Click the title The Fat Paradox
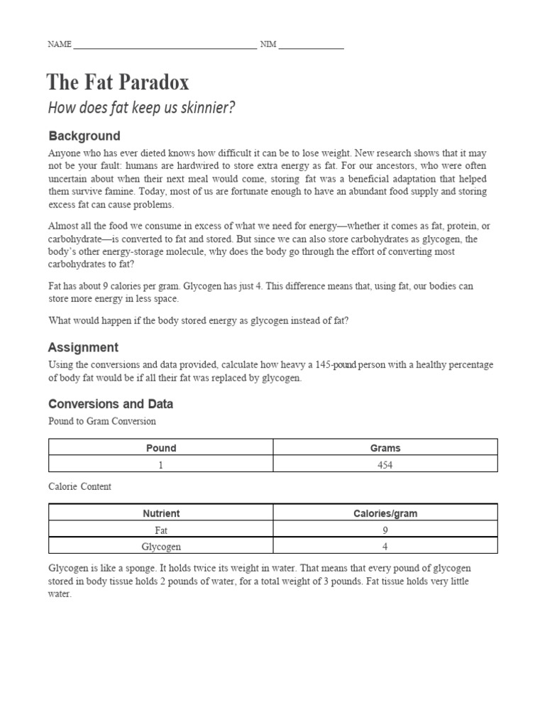tap(118, 83)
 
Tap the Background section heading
tap(84, 136)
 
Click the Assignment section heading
tap(83, 347)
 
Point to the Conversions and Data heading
tap(110, 404)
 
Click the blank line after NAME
tap(165, 45)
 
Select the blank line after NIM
tap(311, 45)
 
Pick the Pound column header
tap(161, 448)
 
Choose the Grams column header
tap(385, 448)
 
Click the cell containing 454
tap(385, 465)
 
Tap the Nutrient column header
tap(161, 513)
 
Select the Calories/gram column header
tap(385, 513)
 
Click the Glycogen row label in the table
tap(161, 547)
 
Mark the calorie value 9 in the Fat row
tap(385, 530)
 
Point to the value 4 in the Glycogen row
tap(385, 547)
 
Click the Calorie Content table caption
tap(79, 487)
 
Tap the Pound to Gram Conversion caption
tap(101, 422)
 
